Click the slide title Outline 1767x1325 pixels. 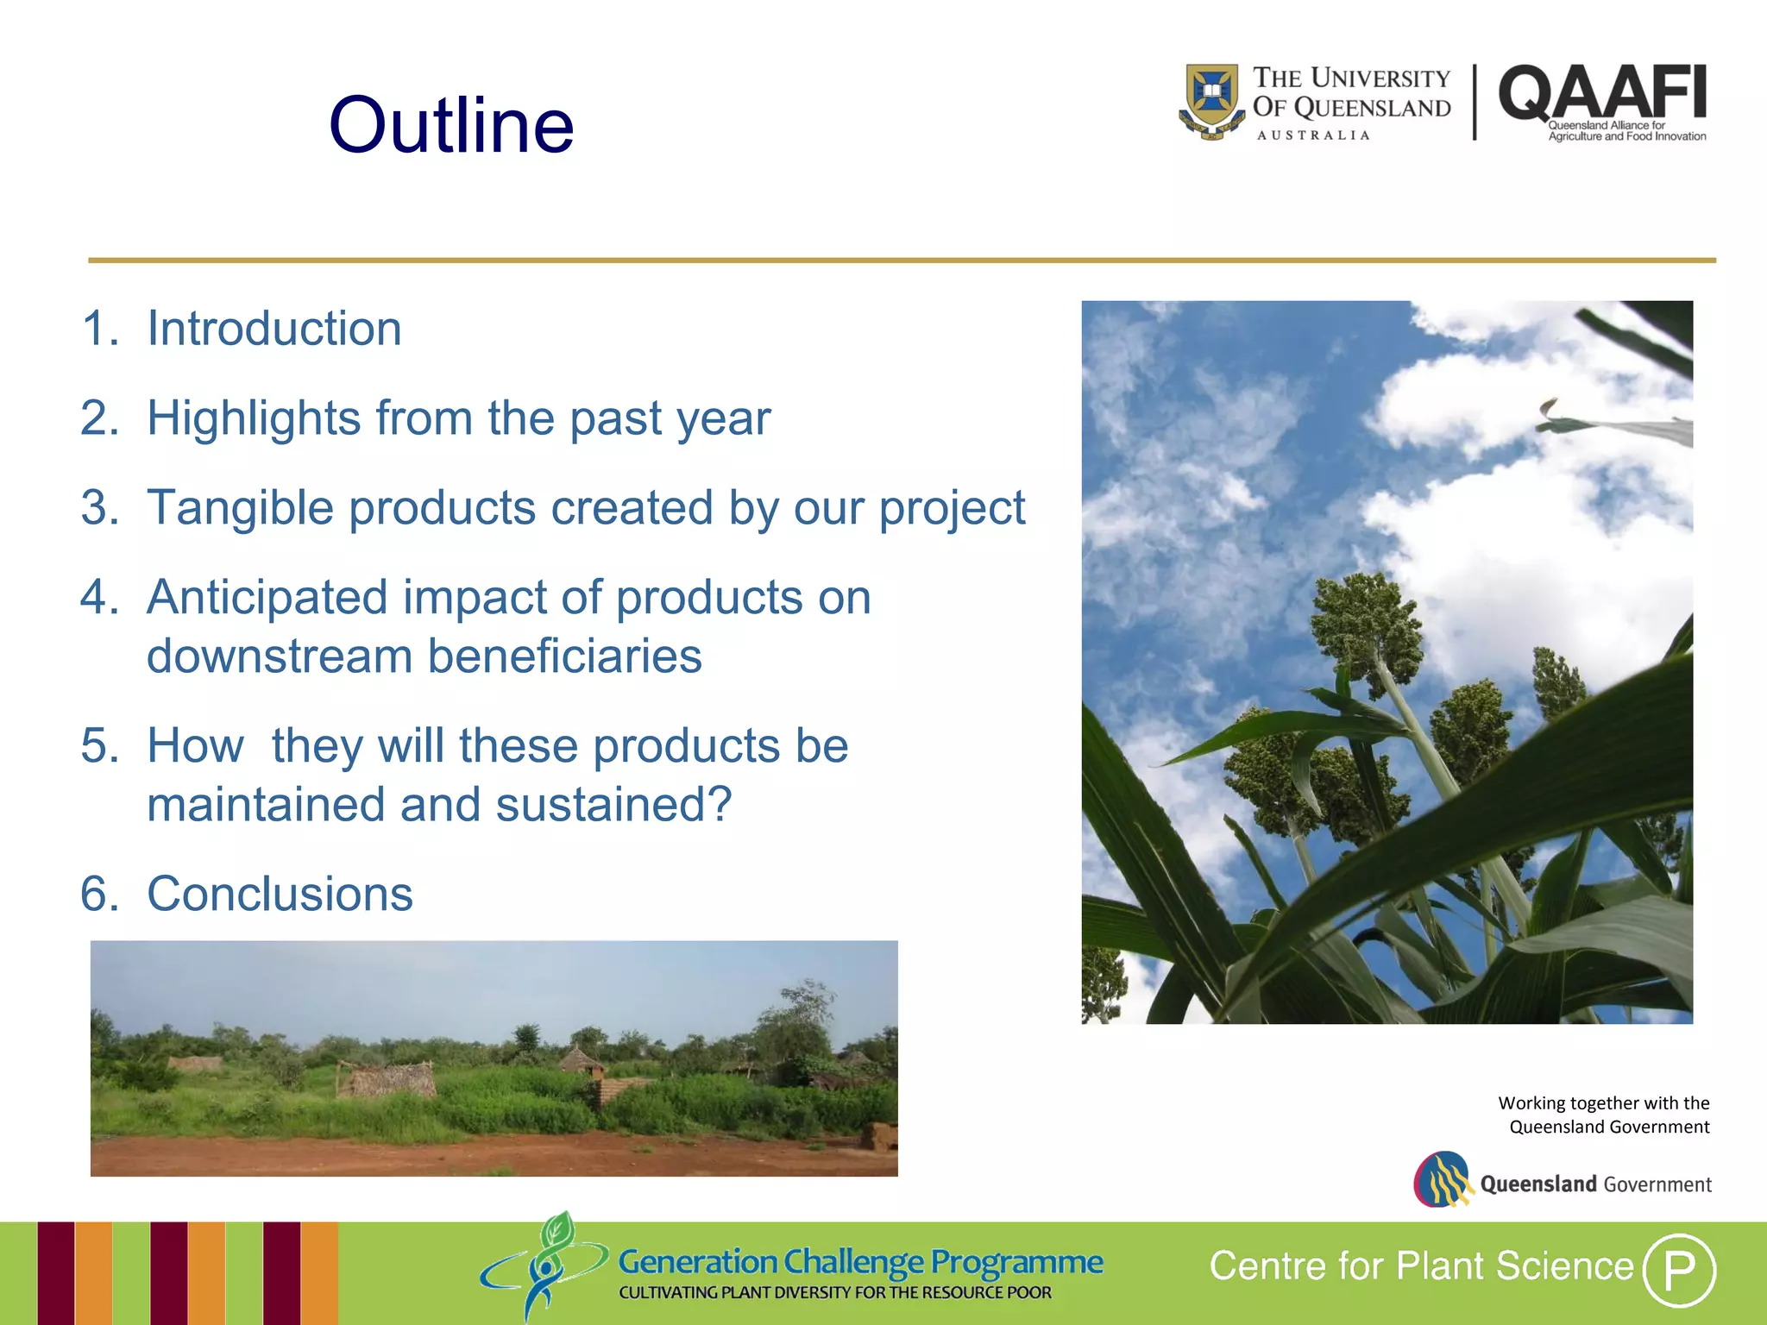tap(450, 126)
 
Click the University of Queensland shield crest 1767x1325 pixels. tap(1211, 100)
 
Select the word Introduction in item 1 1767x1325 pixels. tap(274, 329)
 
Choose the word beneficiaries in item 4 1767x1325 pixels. tap(564, 656)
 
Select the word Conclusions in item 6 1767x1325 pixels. tap(280, 894)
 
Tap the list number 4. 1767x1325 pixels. tap(97, 597)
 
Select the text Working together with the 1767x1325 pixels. tap(1603, 1103)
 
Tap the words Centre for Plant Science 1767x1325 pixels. tap(1421, 1266)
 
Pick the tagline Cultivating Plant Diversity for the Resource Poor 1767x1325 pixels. tap(834, 1293)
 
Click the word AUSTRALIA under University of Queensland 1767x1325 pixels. tap(1313, 135)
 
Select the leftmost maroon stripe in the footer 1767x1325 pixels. tap(55, 1272)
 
